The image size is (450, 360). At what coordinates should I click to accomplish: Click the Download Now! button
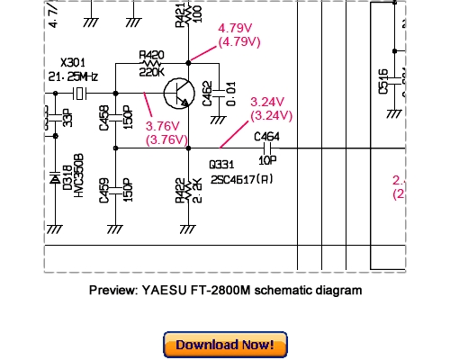225,345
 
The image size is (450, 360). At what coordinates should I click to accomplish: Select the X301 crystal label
71,63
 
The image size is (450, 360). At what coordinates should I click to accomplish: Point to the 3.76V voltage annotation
166,126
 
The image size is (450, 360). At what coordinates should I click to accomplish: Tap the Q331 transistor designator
220,166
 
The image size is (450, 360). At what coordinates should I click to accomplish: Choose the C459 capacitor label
104,191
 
